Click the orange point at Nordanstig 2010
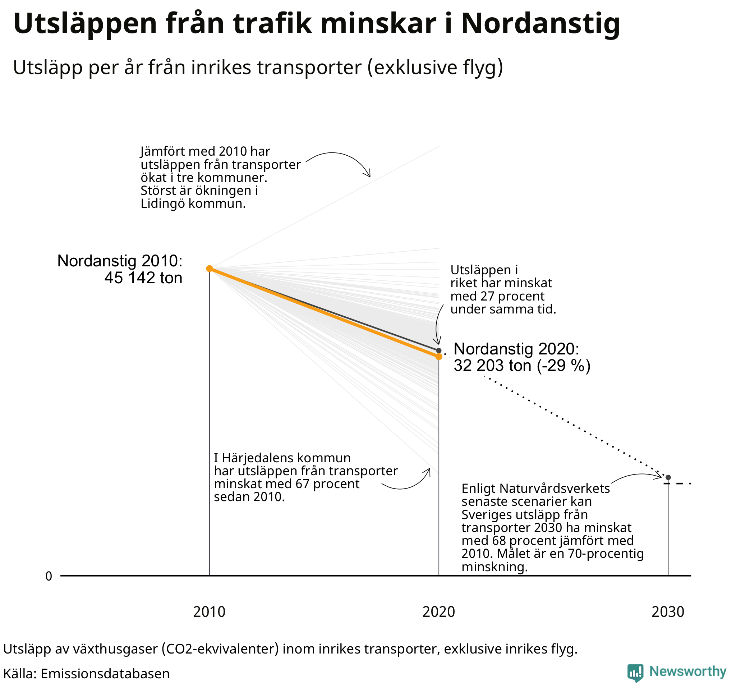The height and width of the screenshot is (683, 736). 209,268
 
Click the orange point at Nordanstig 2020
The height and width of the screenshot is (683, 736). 438,357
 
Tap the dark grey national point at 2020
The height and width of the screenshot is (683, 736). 438,350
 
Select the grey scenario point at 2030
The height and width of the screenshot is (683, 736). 668,477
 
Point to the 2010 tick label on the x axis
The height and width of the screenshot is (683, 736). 209,612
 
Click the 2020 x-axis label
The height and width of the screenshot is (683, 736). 438,612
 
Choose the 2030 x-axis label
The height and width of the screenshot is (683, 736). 668,612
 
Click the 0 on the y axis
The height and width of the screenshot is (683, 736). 49,576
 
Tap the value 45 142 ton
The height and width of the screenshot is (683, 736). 143,278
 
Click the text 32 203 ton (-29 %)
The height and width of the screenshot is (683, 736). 522,366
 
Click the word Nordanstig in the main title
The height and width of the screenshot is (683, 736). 540,24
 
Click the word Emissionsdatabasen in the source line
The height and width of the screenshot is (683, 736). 105,673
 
